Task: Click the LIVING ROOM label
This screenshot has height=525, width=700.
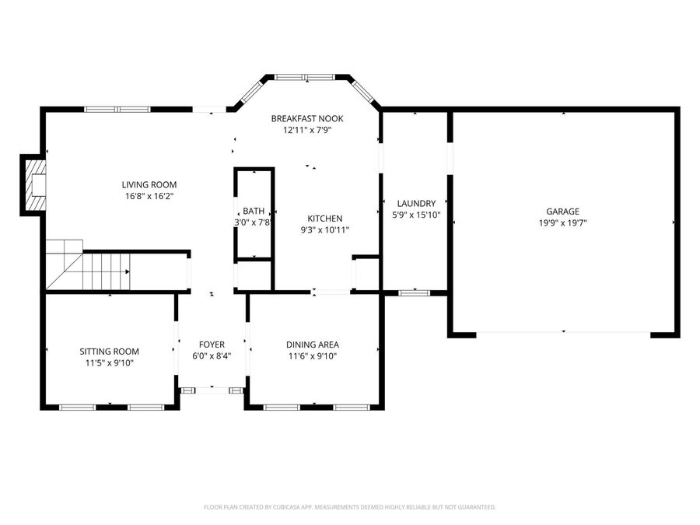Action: point(149,184)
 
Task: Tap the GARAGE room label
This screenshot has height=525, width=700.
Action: point(562,211)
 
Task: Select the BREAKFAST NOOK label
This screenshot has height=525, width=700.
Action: point(306,118)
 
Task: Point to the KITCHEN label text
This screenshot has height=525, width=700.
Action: point(324,219)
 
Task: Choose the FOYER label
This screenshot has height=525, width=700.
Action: point(212,345)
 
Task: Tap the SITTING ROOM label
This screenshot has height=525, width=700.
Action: point(110,351)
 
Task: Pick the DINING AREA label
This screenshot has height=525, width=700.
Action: point(312,345)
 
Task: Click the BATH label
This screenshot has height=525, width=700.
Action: point(253,211)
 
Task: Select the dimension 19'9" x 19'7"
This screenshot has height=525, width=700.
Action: point(562,222)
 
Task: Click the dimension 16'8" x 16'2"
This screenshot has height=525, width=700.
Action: point(149,196)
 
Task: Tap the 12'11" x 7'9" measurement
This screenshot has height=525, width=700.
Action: point(306,130)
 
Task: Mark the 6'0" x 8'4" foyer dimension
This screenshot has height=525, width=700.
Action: point(212,356)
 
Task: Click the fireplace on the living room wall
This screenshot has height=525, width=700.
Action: point(33,184)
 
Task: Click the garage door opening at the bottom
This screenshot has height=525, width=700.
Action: point(562,333)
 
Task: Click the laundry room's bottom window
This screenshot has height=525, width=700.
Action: point(414,292)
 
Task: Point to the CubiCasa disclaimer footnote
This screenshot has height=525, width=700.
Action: point(349,507)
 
